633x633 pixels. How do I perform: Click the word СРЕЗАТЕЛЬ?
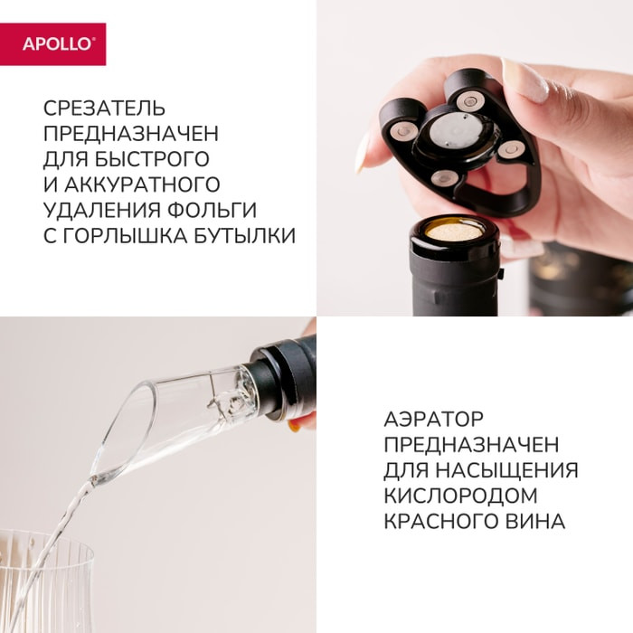[105, 109]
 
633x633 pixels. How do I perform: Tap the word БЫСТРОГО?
[152, 159]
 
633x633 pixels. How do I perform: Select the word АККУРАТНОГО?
[142, 184]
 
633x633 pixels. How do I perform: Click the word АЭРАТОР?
[433, 419]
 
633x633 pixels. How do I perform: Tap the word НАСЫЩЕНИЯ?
[507, 470]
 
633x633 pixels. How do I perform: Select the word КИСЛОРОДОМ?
[460, 496]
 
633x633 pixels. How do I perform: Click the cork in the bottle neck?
[454, 231]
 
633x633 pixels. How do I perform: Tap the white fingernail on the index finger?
[524, 80]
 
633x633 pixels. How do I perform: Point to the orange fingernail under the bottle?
[295, 425]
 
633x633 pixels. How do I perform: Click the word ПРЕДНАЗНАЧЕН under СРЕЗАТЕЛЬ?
[131, 134]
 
